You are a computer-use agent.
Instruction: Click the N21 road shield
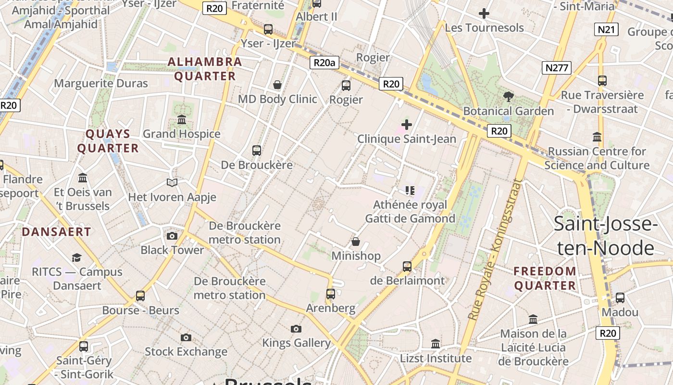tap(606, 29)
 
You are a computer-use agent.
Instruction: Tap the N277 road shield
tap(557, 68)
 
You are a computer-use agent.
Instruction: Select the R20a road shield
tap(324, 62)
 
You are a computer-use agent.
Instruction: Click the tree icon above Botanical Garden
tap(508, 97)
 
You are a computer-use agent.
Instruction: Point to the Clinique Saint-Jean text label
tap(406, 139)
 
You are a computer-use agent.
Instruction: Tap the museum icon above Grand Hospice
tap(182, 119)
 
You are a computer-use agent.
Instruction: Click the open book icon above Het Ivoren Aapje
tap(172, 182)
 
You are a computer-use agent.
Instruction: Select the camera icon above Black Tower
tap(172, 236)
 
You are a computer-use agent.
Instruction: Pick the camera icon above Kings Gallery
tap(296, 329)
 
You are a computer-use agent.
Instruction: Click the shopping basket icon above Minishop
tap(356, 241)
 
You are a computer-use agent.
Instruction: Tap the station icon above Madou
tap(620, 298)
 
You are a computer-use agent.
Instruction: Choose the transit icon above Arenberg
tap(330, 294)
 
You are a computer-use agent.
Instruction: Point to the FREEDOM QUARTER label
tap(545, 278)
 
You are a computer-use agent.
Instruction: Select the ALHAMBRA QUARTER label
tap(205, 69)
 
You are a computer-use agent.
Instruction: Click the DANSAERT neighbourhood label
tap(56, 231)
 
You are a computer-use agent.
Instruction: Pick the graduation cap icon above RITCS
tap(77, 257)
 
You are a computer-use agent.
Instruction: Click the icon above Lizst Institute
tap(436, 344)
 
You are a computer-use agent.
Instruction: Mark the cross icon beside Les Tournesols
tap(484, 13)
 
